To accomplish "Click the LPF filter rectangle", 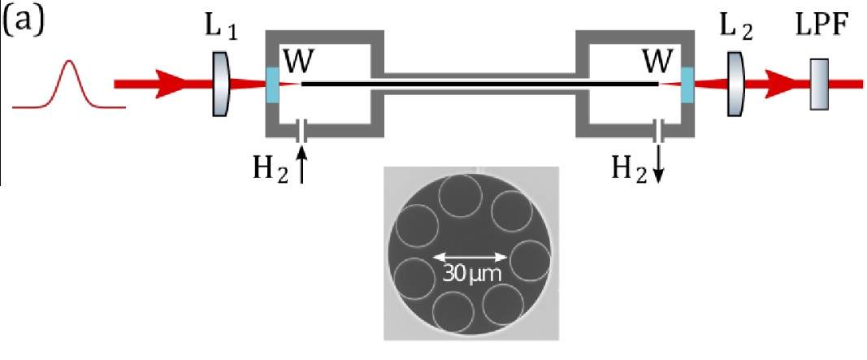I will click(x=818, y=84).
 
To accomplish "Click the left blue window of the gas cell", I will click(x=271, y=84).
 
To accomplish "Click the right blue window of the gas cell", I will click(x=687, y=84).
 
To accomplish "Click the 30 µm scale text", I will click(x=471, y=274).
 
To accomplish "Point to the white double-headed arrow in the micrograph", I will click(x=470, y=259).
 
